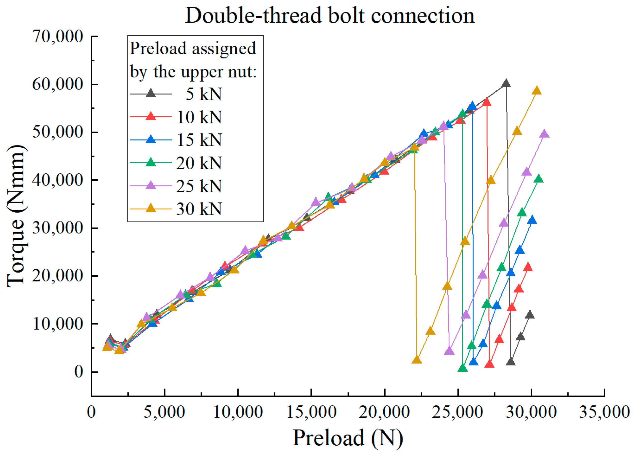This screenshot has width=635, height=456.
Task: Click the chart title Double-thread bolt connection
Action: point(330,15)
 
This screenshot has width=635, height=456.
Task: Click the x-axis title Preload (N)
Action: point(348,438)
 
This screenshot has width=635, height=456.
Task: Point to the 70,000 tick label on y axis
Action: point(58,36)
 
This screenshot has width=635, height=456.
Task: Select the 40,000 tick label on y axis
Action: point(58,180)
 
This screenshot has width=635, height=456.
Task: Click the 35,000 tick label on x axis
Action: point(604,412)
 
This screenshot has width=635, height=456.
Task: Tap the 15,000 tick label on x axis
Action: point(311,412)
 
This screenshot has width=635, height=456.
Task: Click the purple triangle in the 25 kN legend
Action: point(151,185)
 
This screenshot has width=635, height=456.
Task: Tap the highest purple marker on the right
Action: point(544,134)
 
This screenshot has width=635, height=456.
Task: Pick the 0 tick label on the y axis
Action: point(79,372)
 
